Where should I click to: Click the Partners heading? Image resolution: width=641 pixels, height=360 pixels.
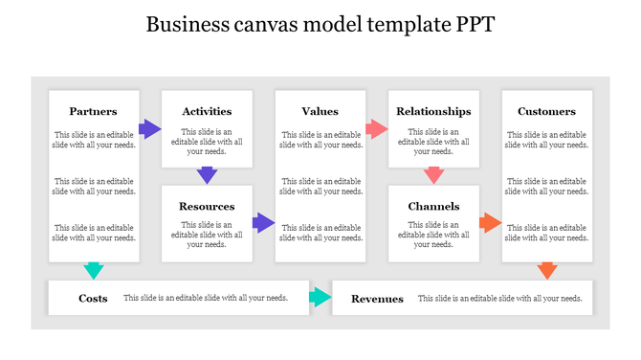[x=94, y=112]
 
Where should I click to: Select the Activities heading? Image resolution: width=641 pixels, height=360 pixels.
[x=207, y=112]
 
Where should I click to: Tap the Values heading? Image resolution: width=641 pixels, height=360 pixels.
[x=320, y=112]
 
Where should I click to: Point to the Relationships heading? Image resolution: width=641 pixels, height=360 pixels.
[x=433, y=112]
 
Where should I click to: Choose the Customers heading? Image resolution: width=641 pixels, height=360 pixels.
[x=546, y=112]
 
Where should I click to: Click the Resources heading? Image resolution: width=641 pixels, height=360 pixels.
[x=207, y=207]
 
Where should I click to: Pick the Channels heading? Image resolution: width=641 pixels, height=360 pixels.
[x=433, y=207]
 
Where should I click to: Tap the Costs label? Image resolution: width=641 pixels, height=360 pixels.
[x=93, y=299]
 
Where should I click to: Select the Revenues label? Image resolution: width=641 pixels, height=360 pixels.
[x=377, y=299]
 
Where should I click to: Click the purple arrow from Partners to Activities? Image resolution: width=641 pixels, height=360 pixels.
[x=150, y=128]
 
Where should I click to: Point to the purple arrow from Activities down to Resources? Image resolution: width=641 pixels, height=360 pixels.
[x=207, y=175]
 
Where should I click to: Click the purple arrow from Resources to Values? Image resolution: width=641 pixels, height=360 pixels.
[x=263, y=223]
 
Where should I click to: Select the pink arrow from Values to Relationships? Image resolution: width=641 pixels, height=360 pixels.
[x=377, y=128]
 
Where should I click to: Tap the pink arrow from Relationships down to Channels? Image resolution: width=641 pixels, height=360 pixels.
[x=433, y=175]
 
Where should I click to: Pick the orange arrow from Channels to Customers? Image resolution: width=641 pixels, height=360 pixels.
[x=490, y=223]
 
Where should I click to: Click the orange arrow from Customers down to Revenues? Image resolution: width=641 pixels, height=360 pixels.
[x=547, y=270]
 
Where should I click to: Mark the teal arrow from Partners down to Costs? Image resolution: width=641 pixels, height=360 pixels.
[x=94, y=270]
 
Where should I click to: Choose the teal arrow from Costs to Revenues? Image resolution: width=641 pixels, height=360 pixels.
[x=320, y=299]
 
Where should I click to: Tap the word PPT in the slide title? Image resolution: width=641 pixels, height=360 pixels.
[x=474, y=25]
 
